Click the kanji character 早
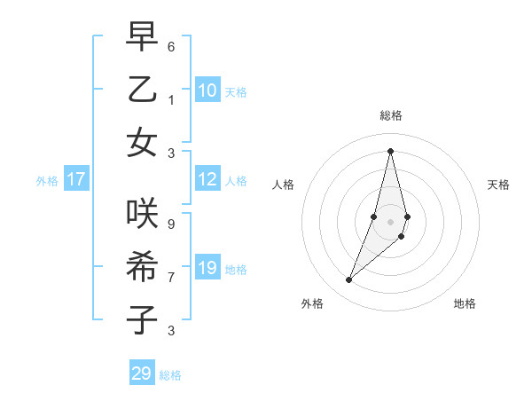(142, 37)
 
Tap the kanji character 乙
(142, 90)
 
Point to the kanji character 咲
(142, 213)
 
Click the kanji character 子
(142, 319)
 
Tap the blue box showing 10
(207, 90)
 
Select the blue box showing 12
(207, 179)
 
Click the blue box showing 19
(207, 268)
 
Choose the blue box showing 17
(76, 179)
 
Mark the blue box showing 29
(142, 374)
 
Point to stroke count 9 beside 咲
(171, 224)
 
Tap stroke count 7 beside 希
(171, 277)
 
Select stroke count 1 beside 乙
(171, 99)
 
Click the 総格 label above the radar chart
(390, 115)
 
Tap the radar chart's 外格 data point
(348, 280)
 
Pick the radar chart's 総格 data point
(390, 151)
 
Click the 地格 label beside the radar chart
(465, 303)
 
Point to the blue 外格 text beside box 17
(47, 181)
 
